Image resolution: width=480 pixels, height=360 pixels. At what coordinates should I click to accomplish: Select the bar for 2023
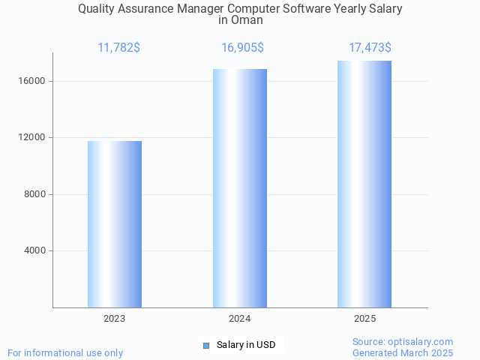[x=115, y=224]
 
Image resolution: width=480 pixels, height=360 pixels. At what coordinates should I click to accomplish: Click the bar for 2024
[x=240, y=188]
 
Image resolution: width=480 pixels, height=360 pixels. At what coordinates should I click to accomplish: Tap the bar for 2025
[x=364, y=184]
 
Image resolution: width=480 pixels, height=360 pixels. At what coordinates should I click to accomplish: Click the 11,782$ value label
[x=118, y=48]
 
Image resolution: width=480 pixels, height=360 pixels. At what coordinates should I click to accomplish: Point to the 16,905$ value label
[x=242, y=48]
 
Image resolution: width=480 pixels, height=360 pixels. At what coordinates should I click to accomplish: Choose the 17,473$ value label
[x=370, y=48]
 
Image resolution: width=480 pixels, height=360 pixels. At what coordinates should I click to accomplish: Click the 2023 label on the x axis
[x=115, y=319]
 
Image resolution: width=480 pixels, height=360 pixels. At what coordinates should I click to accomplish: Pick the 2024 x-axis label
[x=240, y=319]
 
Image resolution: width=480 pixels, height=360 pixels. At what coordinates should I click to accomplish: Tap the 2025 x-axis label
[x=364, y=319]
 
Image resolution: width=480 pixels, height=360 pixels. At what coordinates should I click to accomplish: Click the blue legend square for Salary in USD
[x=206, y=345]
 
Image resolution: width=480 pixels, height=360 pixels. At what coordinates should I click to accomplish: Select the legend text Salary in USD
[x=246, y=345]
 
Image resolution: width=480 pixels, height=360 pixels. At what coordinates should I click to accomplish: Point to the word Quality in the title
[x=97, y=9]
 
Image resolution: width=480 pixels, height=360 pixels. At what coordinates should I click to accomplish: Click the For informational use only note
[x=65, y=352]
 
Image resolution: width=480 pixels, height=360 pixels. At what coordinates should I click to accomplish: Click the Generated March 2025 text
[x=403, y=352]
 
